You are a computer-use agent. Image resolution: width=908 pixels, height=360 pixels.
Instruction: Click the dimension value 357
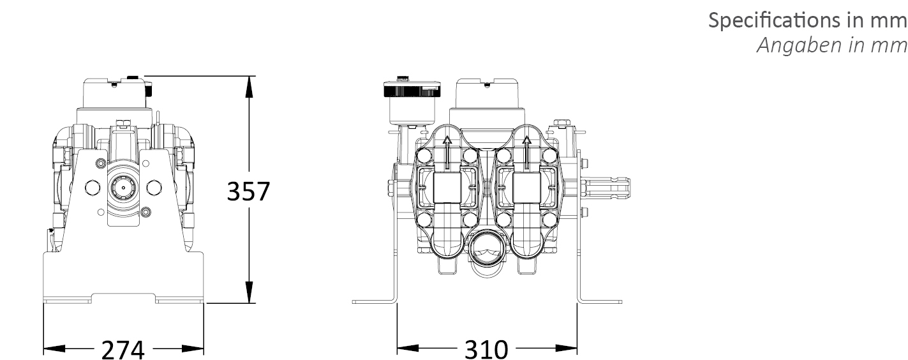248,191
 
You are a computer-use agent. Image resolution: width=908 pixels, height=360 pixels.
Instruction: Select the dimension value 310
486,349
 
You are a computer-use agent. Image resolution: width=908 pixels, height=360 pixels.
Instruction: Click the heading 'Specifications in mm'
807,20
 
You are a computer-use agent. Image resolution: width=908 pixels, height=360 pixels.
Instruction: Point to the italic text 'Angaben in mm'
832,45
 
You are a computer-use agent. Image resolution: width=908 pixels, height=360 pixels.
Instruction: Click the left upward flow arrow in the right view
447,153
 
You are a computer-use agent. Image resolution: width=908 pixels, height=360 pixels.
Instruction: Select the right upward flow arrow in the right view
526,153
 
